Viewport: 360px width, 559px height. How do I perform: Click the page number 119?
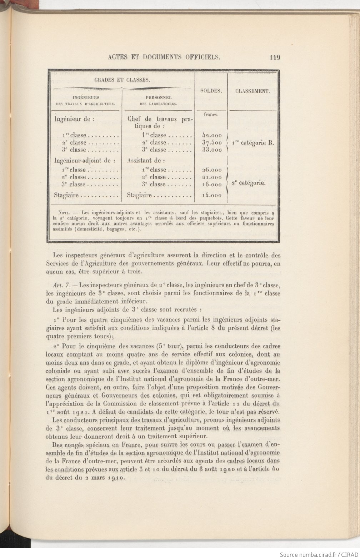[275, 57]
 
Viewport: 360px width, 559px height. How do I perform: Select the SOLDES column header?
[211, 91]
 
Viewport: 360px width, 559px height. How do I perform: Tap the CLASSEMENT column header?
[253, 91]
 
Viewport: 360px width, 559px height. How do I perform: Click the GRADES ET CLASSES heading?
[122, 80]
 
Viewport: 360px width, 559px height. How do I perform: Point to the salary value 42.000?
[212, 135]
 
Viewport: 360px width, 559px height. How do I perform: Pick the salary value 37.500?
[212, 143]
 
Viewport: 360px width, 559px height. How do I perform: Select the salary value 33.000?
[212, 150]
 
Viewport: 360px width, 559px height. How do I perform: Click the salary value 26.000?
[212, 170]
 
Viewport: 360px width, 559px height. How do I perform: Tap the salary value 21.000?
[212, 177]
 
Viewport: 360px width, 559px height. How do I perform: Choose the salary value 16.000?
[212, 185]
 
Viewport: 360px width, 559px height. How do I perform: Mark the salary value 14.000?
[212, 196]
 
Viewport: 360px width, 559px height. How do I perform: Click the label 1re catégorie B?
[253, 143]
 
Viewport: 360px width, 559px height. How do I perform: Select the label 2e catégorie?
[249, 183]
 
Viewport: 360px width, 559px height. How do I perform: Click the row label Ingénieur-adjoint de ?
[85, 161]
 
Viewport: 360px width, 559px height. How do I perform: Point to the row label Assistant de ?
[146, 161]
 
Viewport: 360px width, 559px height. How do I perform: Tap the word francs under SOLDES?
[211, 115]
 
